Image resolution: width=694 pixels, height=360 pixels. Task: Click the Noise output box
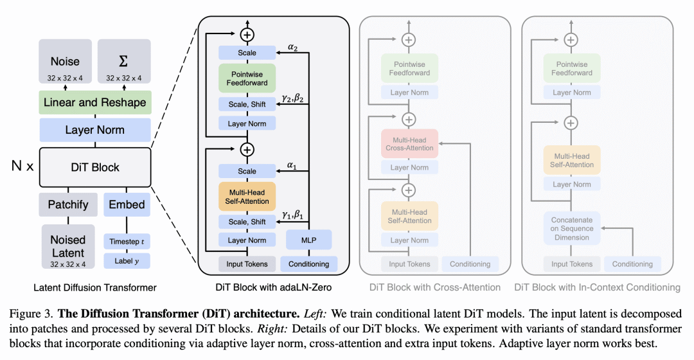(x=65, y=66)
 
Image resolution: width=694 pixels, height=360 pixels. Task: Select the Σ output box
(x=124, y=66)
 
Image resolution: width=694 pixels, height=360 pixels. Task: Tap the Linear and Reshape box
(x=94, y=102)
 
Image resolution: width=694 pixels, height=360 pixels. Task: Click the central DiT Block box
(x=94, y=167)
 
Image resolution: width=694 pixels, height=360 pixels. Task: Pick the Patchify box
(x=68, y=204)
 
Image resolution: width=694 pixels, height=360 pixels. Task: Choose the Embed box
(x=127, y=204)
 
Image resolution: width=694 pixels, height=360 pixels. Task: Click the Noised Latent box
(x=68, y=246)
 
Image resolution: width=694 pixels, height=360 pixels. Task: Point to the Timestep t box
(x=127, y=242)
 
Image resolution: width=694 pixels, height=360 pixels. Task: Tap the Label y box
(x=127, y=261)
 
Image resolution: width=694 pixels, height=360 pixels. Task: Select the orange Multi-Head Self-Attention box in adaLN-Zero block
(x=247, y=197)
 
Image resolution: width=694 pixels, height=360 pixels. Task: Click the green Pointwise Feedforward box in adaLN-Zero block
(x=247, y=78)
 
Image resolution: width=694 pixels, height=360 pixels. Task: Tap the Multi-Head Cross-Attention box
(x=409, y=143)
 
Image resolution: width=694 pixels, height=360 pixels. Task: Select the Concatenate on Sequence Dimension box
(x=572, y=228)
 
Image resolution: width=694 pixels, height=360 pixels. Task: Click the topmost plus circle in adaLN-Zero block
(x=247, y=33)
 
